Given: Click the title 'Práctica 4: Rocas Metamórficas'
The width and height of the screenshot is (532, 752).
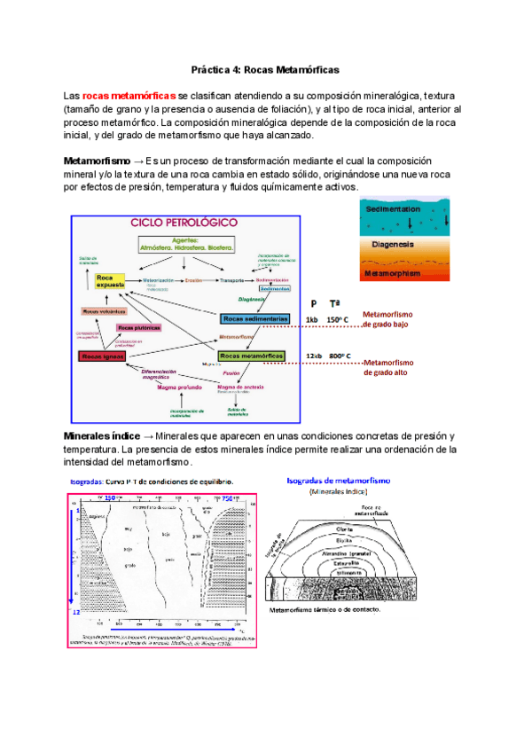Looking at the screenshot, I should tap(266, 68).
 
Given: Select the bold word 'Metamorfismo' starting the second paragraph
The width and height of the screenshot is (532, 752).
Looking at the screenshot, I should tap(96, 161).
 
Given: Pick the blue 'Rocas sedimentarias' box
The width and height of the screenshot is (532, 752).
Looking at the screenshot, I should tap(255, 318).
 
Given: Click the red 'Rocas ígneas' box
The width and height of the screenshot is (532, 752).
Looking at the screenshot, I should tap(102, 356).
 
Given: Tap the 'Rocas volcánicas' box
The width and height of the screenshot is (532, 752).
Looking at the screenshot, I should tap(103, 311).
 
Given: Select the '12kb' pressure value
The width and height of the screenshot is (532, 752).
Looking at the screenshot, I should tap(312, 356).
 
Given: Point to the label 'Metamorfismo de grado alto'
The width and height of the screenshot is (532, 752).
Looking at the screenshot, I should tap(389, 367).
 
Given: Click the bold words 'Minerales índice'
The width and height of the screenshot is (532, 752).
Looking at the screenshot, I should tap(101, 436).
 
